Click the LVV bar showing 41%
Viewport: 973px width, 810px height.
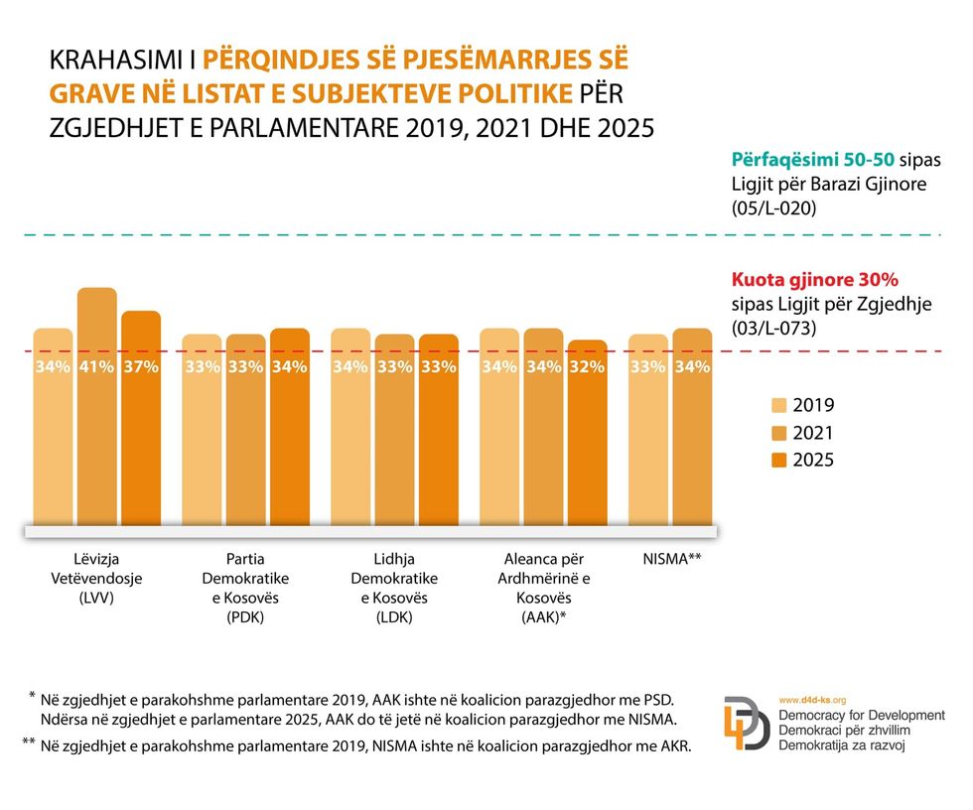(96, 407)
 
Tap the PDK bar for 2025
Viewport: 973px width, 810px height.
(290, 427)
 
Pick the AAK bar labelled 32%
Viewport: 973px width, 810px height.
(587, 433)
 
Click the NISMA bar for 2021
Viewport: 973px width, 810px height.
(692, 427)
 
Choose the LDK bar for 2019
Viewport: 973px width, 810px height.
(350, 427)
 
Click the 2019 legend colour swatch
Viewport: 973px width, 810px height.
(779, 405)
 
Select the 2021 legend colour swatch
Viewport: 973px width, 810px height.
(779, 433)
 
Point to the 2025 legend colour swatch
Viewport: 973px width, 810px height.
(779, 460)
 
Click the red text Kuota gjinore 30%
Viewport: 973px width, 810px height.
(815, 280)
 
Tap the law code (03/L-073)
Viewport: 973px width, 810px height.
(773, 328)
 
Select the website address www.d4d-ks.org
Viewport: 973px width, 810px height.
(812, 700)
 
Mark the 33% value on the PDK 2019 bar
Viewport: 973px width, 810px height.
(202, 367)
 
